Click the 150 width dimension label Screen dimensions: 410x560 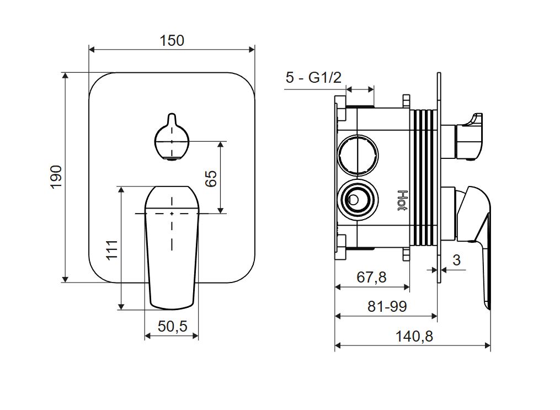pos(172,40)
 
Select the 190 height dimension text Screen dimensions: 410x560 pos(57,177)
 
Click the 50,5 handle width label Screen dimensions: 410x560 pos(172,326)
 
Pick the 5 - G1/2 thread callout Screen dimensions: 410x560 pos(313,78)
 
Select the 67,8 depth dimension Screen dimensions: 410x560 pos(371,277)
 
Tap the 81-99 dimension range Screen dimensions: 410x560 pos(387,306)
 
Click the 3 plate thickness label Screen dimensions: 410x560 pos(456,260)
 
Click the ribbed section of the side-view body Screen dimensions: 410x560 pos(425,177)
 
